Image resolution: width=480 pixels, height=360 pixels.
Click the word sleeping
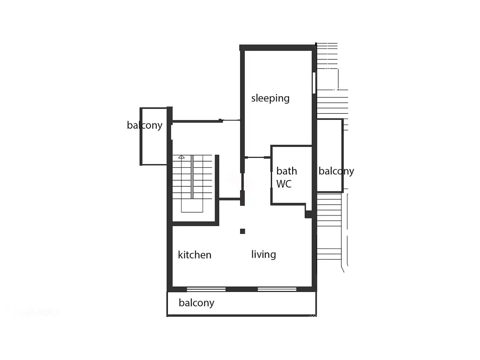coord(270,98)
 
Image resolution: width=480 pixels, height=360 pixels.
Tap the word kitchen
coord(195,255)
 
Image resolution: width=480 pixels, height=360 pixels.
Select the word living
coord(263,255)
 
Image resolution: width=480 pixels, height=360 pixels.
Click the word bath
coord(287,171)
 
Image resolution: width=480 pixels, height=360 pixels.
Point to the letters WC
coord(284,184)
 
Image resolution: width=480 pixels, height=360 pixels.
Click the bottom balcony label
coord(196,303)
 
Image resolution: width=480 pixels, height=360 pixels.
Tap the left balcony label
coord(145,125)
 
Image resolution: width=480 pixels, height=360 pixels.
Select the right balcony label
coord(336,171)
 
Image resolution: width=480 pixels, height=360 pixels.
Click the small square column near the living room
coord(242,231)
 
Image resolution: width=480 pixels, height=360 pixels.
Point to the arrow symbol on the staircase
coord(181,157)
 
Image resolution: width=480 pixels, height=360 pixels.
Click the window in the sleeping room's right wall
coord(314,83)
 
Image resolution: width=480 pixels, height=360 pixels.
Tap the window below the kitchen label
coord(206,289)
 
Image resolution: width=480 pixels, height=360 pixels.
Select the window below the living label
coord(277,289)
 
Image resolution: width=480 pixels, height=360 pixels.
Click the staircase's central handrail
coord(192,177)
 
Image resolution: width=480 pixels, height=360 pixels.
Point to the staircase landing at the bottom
coord(192,205)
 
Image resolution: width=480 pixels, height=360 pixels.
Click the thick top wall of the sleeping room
coord(278,48)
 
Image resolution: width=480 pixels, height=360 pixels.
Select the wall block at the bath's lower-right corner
coord(308,214)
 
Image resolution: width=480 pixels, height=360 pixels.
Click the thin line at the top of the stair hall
coord(231,120)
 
